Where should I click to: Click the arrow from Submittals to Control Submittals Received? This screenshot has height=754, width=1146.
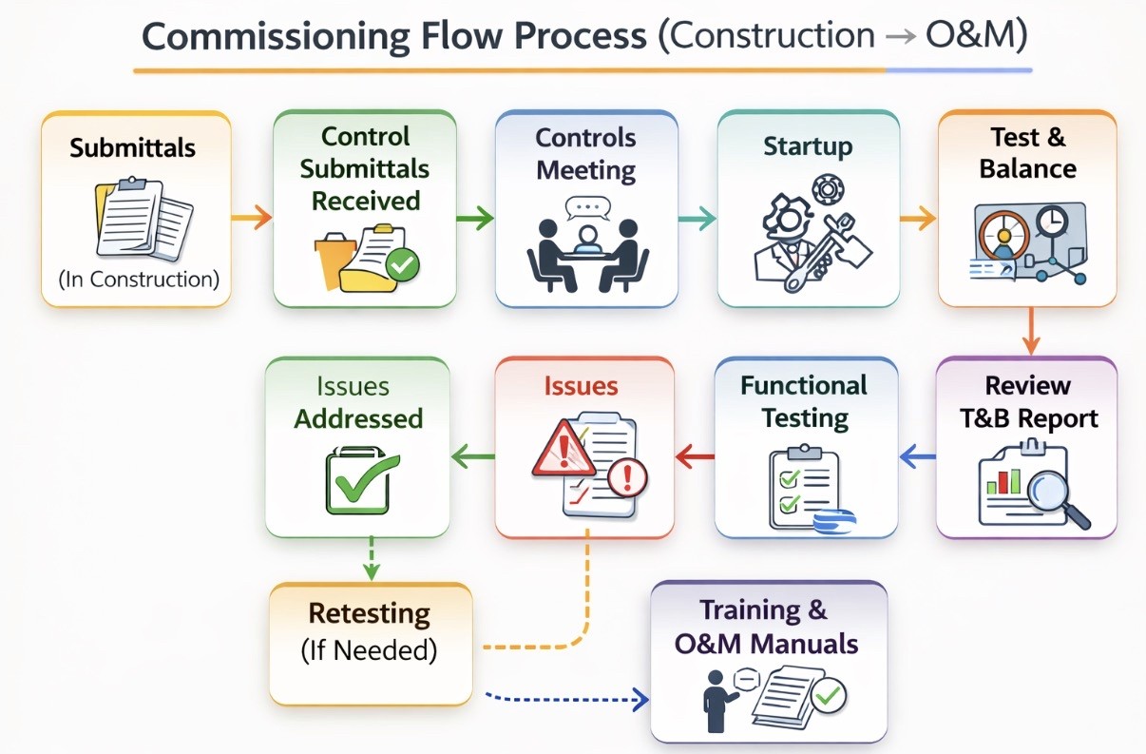coord(252,218)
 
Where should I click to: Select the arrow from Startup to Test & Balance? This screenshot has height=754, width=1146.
coord(918,219)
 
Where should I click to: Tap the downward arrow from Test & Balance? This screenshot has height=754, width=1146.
coord(1031,331)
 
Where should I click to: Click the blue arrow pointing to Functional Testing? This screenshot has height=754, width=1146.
coord(917,456)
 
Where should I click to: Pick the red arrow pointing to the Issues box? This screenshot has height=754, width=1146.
coord(695,456)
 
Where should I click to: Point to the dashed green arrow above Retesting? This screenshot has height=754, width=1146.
coord(372,558)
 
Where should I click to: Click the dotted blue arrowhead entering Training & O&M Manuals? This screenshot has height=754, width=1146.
coord(640,698)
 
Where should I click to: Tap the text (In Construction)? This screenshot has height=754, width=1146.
coord(139,280)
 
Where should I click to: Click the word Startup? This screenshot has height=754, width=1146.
coord(808,146)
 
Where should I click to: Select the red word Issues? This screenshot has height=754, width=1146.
coord(581,386)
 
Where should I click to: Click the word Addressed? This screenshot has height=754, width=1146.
coord(358,418)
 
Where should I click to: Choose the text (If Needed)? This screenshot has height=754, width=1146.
coord(369,650)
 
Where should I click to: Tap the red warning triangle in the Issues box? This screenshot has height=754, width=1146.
coord(563,449)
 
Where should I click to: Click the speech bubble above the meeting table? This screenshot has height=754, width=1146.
coord(588,208)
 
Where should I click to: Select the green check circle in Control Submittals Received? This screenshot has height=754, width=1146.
coord(403,264)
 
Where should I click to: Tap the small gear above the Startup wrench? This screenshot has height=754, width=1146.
coord(828,189)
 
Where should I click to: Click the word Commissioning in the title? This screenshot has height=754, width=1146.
coord(276,37)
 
